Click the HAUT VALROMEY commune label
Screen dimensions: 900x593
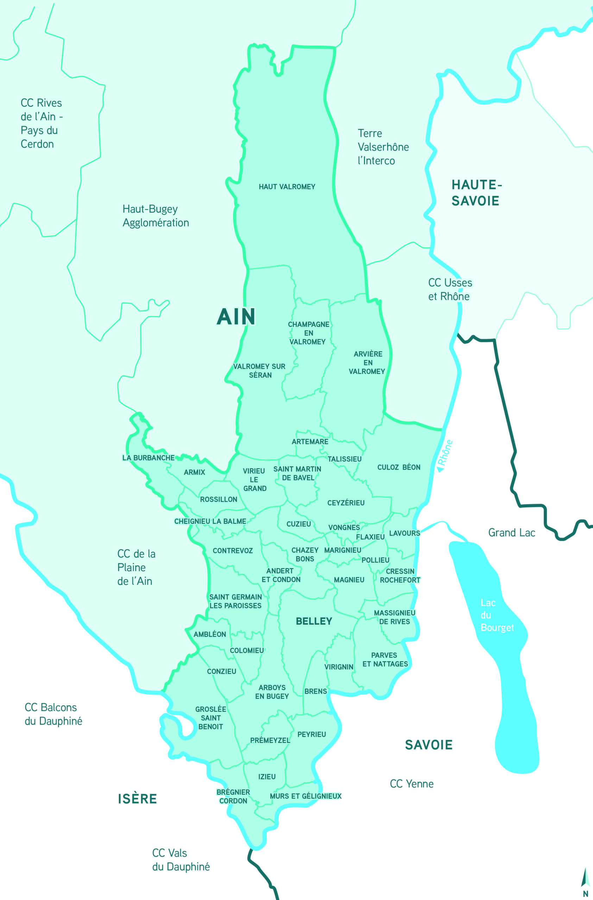tap(287, 186)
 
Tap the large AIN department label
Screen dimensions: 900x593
tap(236, 316)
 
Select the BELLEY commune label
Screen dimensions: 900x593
tap(314, 621)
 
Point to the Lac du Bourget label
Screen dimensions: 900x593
tap(497, 615)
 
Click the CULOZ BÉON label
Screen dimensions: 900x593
tap(398, 467)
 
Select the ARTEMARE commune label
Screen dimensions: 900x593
tap(310, 441)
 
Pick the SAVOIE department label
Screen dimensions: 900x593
tap(428, 745)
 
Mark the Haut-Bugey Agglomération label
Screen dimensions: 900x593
tap(156, 216)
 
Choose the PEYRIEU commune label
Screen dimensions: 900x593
tap(311, 734)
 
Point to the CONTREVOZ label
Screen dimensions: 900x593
tap(232, 551)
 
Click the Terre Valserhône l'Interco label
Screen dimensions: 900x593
tap(383, 147)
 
